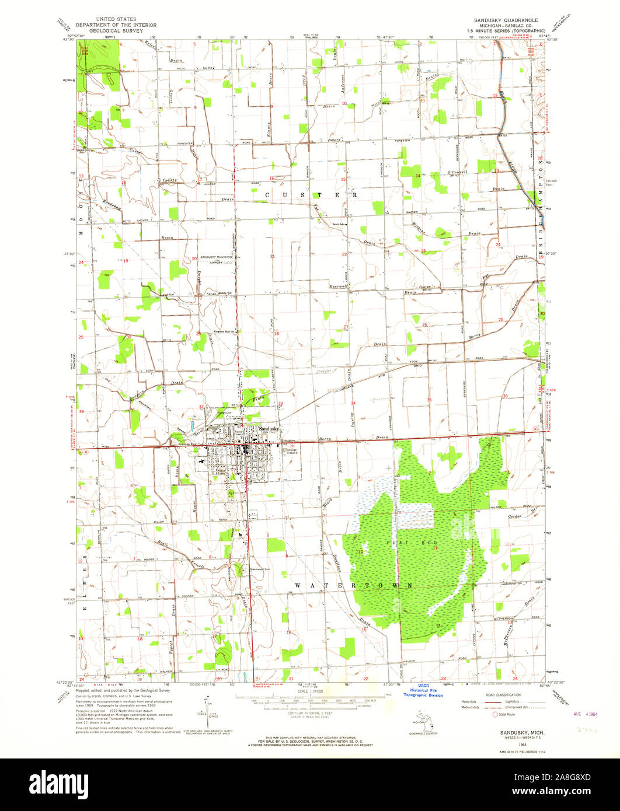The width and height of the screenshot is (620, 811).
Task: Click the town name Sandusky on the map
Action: tap(268, 428)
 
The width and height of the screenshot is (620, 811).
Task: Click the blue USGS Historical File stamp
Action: tap(423, 691)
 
